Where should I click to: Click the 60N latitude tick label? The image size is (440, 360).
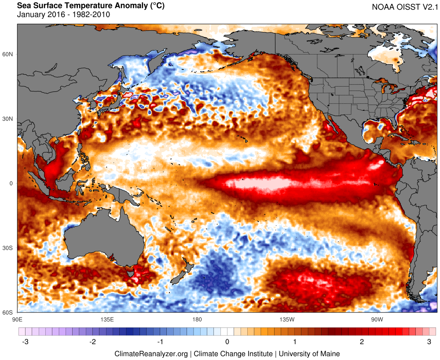coord(8,54)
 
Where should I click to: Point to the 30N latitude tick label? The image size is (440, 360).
coord(8,119)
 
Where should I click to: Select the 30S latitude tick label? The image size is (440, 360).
coord(8,248)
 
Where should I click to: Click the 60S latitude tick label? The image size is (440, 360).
coord(8,313)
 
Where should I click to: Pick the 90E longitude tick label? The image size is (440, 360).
coord(18,319)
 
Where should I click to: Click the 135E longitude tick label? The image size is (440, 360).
coord(107,319)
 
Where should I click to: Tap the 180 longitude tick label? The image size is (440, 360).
coord(197,319)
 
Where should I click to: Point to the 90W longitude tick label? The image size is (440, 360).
coord(376,319)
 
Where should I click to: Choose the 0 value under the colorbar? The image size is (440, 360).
coord(227,342)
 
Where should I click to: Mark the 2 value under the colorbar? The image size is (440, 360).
coord(362,342)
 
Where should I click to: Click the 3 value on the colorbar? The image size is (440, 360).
coord(429,342)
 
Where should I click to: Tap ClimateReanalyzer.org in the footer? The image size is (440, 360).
coord(151,353)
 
